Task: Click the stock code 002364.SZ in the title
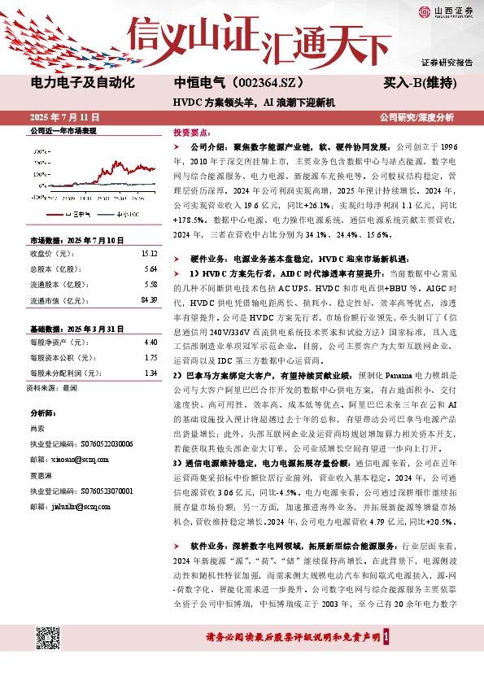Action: point(268,83)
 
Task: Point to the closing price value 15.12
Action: point(149,253)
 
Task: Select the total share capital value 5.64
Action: point(150,268)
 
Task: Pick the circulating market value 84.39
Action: point(149,300)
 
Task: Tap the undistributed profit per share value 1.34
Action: point(150,373)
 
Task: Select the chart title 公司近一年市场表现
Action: point(63,130)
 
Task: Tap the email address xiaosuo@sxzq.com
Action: point(78,460)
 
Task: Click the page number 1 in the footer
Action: point(395,638)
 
